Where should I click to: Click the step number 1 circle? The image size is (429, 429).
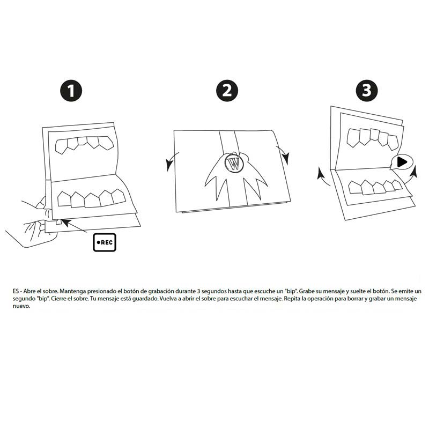(71, 90)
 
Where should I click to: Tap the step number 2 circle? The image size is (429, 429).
(227, 90)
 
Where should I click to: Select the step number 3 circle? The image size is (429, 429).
(366, 90)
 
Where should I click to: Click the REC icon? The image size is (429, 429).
(104, 242)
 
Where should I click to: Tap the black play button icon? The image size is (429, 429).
(402, 161)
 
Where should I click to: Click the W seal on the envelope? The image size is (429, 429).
(234, 163)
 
